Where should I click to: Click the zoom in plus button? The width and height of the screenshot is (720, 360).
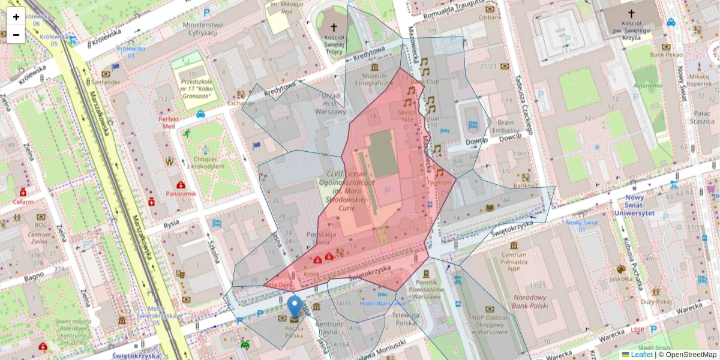[x=16, y=17]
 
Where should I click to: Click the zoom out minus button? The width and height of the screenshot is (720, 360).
[x=16, y=35]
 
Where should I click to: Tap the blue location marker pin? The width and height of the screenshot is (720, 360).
[x=295, y=306]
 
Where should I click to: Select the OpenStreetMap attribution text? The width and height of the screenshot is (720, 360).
[x=687, y=355]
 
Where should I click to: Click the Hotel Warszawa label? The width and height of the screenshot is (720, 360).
[x=382, y=303]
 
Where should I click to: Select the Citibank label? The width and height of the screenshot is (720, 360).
[x=490, y=17]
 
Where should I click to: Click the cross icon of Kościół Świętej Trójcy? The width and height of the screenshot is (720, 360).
[x=334, y=28]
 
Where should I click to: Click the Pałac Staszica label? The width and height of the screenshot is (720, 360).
[x=698, y=116]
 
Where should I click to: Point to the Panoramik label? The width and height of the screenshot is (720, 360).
[x=181, y=194]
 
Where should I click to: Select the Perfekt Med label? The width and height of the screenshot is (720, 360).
[x=166, y=122]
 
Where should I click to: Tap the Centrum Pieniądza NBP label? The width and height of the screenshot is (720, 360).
[x=514, y=258]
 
